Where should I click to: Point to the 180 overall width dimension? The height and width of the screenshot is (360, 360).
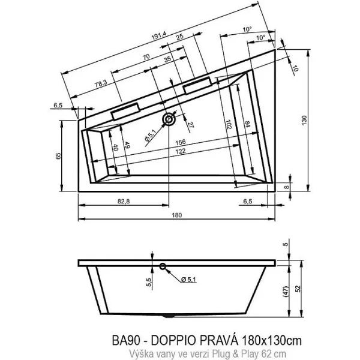pos(176,215)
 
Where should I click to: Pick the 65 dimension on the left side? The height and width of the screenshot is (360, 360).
pos(58,157)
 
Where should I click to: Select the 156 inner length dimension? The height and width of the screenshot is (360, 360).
pos(179,142)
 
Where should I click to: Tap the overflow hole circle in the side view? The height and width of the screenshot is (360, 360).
pos(162,266)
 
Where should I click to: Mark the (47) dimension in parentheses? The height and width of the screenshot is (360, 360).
pos(287,290)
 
